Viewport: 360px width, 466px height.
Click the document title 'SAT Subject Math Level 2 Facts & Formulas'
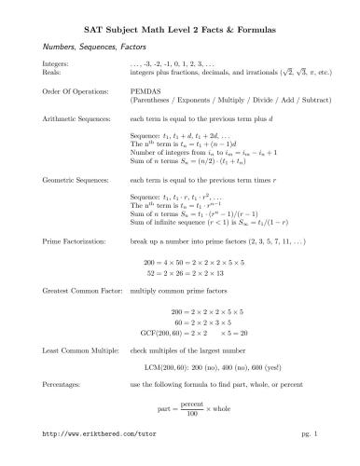[x=180, y=31]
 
